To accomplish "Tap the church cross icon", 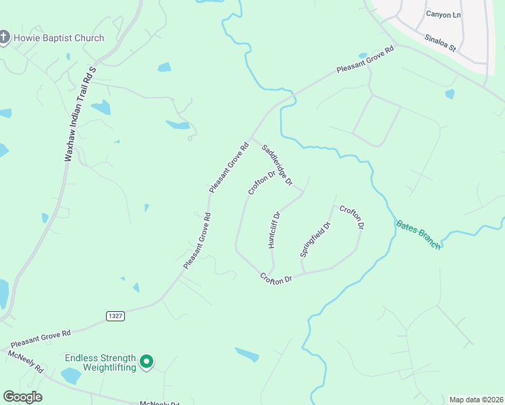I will pos(5,38).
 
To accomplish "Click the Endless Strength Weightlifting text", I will pos(100,362).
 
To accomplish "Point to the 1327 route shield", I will pos(115,315).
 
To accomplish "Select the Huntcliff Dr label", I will pos(274,230).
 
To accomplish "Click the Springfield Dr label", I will pos(315,240).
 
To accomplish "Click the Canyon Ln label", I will pos(443,13).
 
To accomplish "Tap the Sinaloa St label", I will pos(441,44).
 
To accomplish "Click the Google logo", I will pos(22,397).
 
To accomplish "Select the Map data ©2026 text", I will pos(476,399).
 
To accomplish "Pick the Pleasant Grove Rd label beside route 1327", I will pos(41,338).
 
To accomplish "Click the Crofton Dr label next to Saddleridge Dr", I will pos(262,182).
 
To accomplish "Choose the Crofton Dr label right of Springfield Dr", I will pos(352,217).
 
